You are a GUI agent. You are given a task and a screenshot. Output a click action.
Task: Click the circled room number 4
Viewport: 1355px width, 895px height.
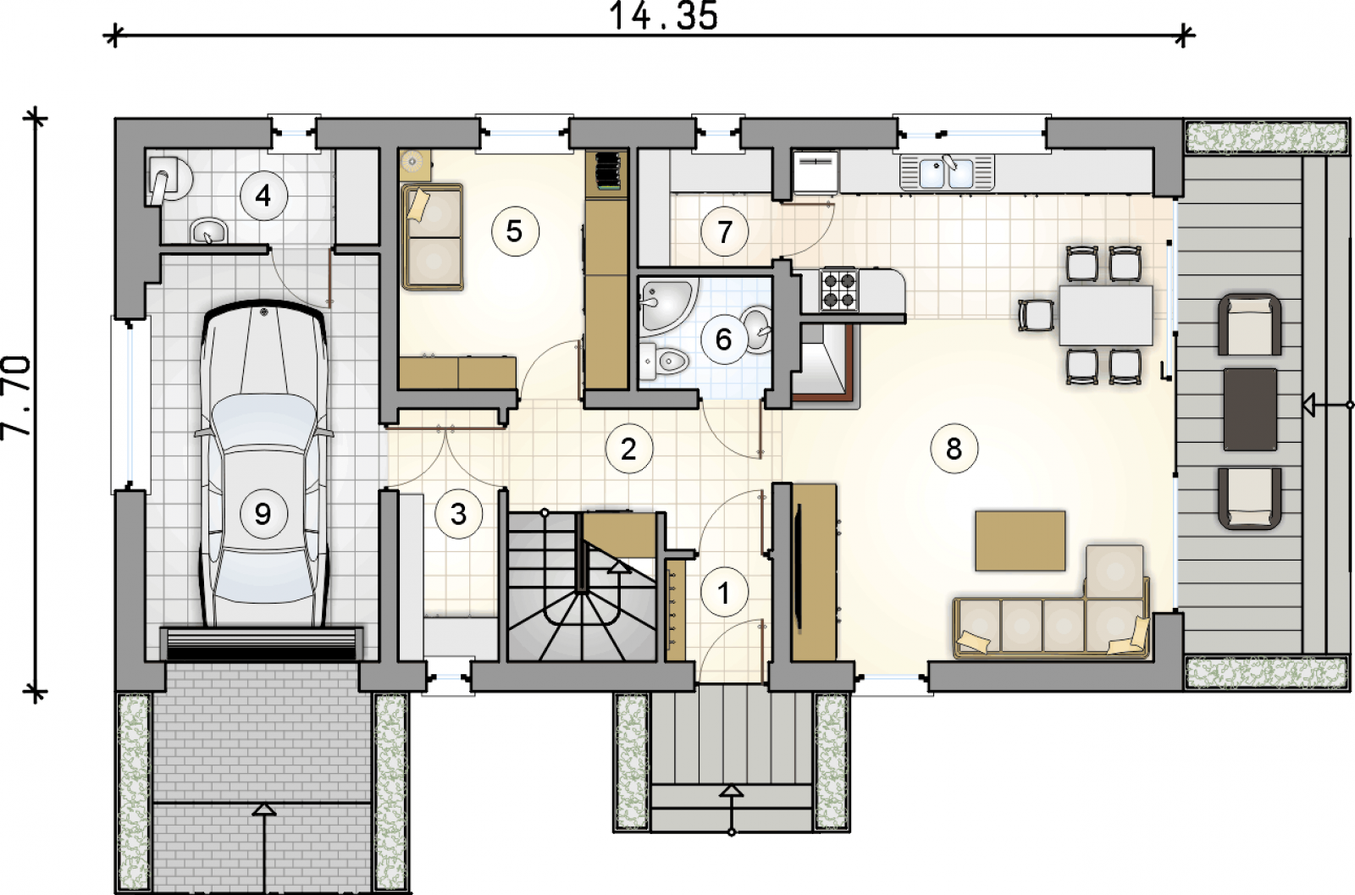tap(263, 196)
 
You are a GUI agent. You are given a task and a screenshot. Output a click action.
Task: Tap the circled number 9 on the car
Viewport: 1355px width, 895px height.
tap(263, 514)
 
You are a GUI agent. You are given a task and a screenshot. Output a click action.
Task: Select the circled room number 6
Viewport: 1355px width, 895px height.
tap(724, 340)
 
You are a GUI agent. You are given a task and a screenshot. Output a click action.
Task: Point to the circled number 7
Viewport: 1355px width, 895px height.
tap(724, 232)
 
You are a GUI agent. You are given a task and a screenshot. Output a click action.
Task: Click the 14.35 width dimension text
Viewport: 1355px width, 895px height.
tap(664, 16)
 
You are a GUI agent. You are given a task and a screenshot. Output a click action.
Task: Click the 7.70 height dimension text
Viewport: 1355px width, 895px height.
tap(16, 397)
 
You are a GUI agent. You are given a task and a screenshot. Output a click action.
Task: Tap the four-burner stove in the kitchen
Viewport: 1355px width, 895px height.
tap(839, 290)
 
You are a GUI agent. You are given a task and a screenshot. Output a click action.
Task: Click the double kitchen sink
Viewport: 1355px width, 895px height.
tap(947, 173)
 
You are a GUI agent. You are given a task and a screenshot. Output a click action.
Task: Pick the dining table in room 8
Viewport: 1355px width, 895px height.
tap(1106, 315)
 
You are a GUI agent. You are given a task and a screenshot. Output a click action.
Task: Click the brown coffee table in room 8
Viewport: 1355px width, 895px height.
tap(1020, 540)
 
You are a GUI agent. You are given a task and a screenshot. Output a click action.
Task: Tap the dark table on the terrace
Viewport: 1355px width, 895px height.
tap(1250, 410)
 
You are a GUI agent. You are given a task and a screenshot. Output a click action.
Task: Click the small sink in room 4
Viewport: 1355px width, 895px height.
tap(208, 231)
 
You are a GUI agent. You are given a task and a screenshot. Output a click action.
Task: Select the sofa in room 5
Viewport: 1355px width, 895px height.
tap(432, 238)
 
